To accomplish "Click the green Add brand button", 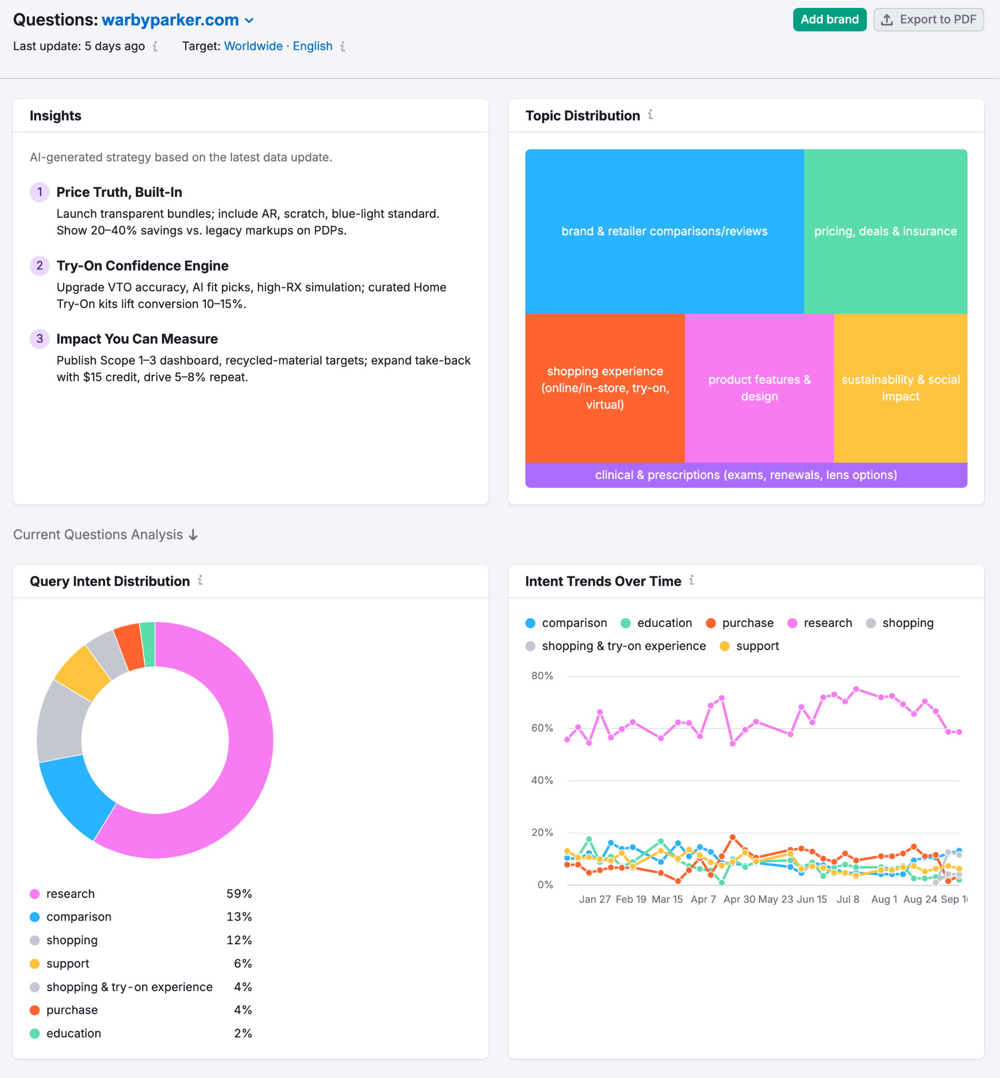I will pos(829,19).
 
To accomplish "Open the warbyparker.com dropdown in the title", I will pos(249,21).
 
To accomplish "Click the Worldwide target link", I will pos(253,46).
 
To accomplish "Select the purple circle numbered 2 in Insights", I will pos(39,266).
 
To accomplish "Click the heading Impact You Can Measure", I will pos(137,339).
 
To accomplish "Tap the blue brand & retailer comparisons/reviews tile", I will pos(664,231).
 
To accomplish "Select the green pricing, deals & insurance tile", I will pos(885,231).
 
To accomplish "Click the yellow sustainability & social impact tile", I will pos(901,387).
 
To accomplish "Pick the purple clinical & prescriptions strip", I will pos(746,475).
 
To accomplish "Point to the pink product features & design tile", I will pos(759,387).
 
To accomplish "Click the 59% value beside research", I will pos(238,893).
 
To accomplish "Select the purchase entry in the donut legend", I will pos(72,1010).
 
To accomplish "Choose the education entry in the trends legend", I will pos(664,623).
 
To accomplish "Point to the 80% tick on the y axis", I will pos(542,675).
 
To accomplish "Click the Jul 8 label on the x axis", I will pos(847,899).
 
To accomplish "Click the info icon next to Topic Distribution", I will pos(651,115).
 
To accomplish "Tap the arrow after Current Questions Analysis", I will pos(193,535).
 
